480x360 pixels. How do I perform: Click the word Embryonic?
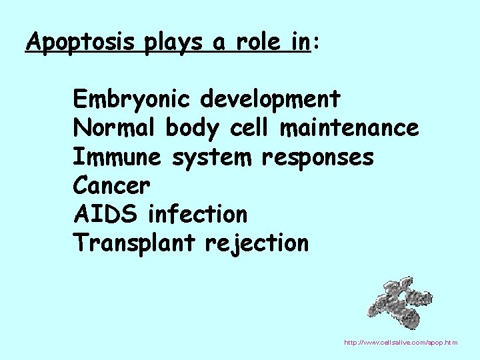coord(133,99)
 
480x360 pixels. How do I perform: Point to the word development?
coord(271,99)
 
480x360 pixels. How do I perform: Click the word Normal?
coord(114,127)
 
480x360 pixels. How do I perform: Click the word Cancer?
coord(112,185)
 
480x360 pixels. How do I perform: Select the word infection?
coord(197,214)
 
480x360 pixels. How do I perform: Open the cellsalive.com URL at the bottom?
coord(400,343)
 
